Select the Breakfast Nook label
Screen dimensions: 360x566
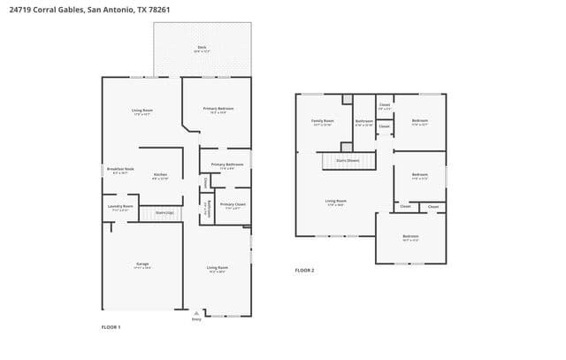click(120, 169)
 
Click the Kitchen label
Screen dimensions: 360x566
click(160, 175)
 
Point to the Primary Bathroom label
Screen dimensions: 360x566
click(226, 165)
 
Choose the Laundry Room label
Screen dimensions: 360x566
click(120, 207)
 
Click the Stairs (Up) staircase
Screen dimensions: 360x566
click(164, 212)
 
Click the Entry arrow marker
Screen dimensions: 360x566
click(196, 312)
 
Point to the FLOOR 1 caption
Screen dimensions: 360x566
click(111, 327)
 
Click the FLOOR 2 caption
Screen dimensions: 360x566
click(304, 270)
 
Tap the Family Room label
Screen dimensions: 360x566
click(322, 121)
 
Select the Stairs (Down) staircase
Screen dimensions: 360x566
click(347, 161)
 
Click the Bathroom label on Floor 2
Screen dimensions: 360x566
click(364, 121)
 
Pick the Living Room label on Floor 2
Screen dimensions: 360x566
click(336, 202)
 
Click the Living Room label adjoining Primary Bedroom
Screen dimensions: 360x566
click(141, 111)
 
